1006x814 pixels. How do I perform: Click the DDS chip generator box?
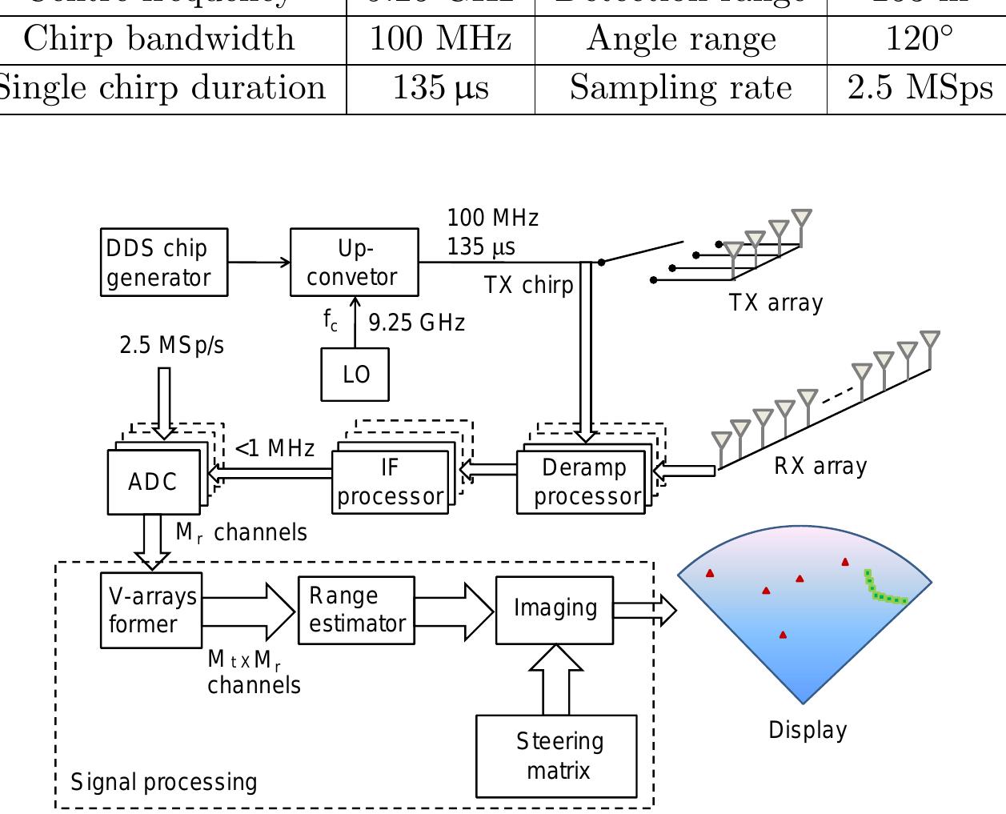pos(164,263)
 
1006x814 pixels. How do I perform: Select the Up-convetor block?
pos(354,263)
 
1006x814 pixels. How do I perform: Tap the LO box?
pos(355,375)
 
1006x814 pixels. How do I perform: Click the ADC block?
pos(154,482)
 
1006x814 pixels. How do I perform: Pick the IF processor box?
pos(390,482)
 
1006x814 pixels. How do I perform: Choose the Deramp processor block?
pos(582,482)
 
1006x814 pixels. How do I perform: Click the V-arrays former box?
pos(151,610)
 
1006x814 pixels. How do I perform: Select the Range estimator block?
pos(356,610)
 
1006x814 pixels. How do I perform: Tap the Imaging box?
pos(555,609)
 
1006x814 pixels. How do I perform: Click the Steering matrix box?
pos(557,756)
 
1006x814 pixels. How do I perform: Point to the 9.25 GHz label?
pos(416,323)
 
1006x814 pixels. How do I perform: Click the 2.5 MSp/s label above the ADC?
pos(172,345)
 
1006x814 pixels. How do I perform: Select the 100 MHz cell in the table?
pos(440,39)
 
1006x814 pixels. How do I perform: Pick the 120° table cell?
pos(919,39)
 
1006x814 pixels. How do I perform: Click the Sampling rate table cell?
pos(680,88)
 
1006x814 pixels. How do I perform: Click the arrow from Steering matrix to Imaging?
pos(556,680)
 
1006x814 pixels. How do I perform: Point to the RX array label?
pos(820,466)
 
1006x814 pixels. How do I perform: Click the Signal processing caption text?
pos(164,782)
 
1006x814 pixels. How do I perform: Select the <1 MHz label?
pos(275,448)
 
